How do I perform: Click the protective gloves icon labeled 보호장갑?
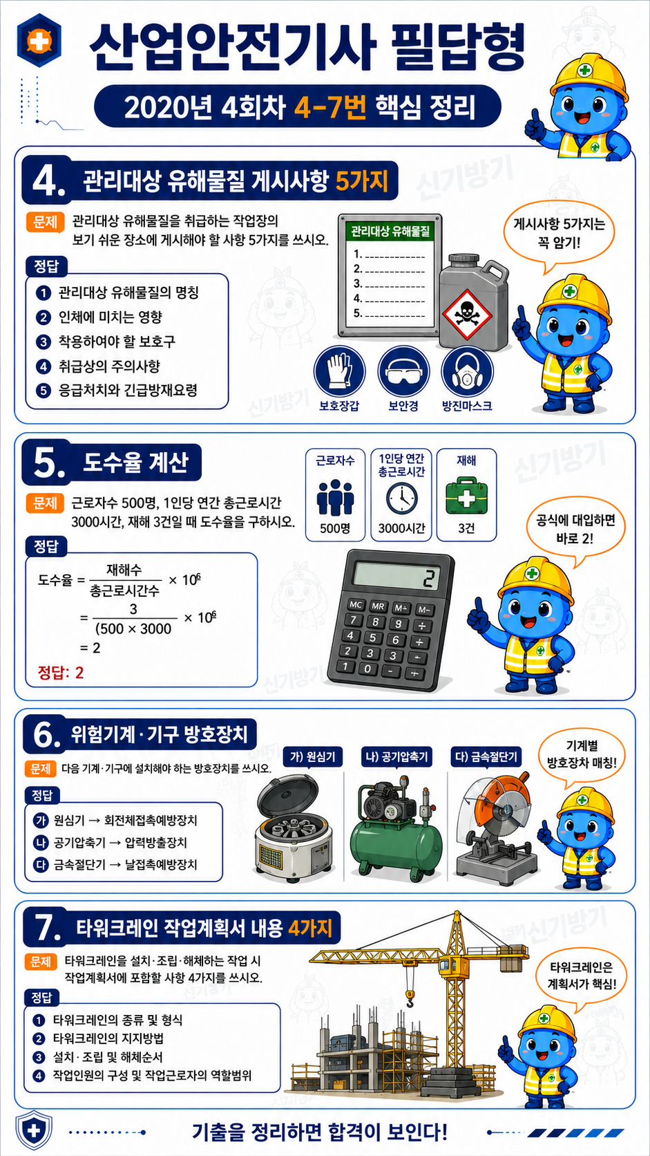click(x=339, y=371)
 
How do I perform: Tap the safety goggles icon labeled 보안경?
click(x=403, y=371)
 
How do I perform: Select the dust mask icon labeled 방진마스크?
click(x=468, y=371)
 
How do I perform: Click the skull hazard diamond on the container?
click(x=466, y=315)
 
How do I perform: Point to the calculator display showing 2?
click(x=397, y=576)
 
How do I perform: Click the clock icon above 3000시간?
click(x=401, y=498)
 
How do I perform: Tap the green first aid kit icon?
click(x=466, y=495)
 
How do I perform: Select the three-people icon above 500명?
click(x=335, y=498)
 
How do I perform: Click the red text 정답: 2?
click(x=60, y=673)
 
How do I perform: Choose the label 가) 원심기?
click(x=313, y=757)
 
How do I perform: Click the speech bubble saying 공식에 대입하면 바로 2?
click(x=575, y=530)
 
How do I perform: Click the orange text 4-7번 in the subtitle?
click(x=330, y=107)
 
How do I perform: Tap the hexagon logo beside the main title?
click(x=39, y=40)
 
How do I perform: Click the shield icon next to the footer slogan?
click(x=34, y=1132)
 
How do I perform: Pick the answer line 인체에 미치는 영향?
click(x=111, y=317)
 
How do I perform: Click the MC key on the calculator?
click(x=356, y=604)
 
